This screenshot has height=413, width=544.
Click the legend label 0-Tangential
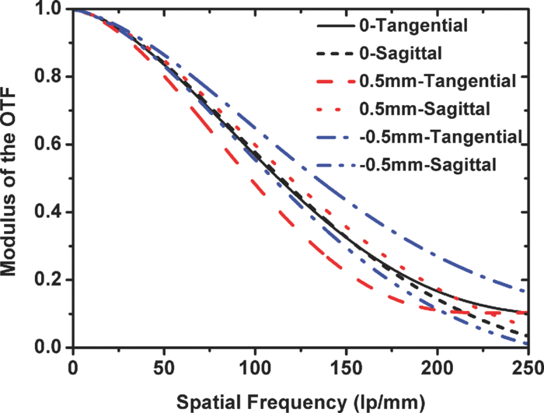click(414, 26)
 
